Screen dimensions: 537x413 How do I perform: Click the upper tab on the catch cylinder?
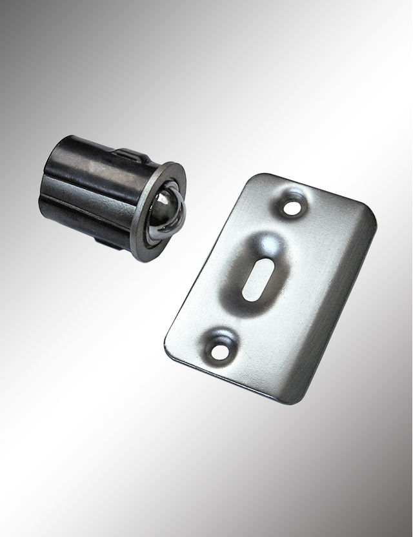(132, 155)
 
